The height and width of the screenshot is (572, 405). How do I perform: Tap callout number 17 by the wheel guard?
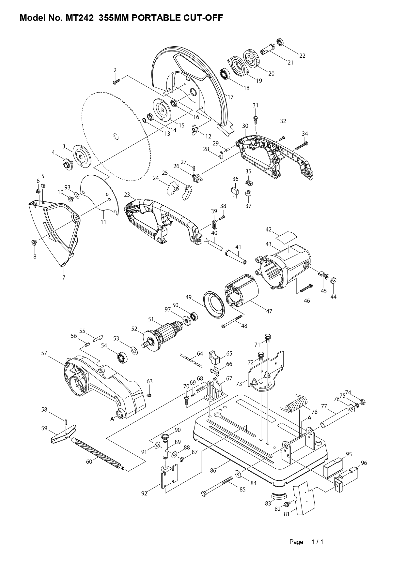tap(230, 97)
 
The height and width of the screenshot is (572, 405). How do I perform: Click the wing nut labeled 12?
tap(195, 129)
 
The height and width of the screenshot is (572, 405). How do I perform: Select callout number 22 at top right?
tap(302, 56)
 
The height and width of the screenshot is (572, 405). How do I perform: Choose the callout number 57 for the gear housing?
tap(44, 353)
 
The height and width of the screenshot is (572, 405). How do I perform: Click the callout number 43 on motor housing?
tap(268, 244)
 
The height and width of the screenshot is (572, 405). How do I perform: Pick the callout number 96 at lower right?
tap(364, 463)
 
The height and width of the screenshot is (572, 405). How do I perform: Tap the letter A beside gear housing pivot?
tap(112, 419)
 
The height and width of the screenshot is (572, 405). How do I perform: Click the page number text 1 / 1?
tap(317, 542)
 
